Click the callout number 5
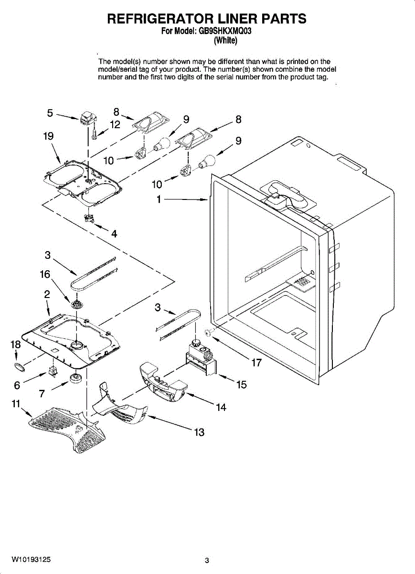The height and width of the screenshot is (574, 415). click(x=50, y=113)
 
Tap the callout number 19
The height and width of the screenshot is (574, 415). click(x=48, y=136)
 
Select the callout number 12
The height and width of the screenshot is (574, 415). click(x=115, y=124)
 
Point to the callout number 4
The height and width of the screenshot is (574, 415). click(x=114, y=234)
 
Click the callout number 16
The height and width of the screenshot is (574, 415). click(x=45, y=275)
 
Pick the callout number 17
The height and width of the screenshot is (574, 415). click(x=256, y=363)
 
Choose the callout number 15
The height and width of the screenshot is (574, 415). click(x=242, y=384)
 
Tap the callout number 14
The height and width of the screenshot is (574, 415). click(x=221, y=407)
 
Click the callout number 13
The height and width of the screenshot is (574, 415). click(x=199, y=432)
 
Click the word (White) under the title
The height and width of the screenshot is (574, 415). click(x=225, y=41)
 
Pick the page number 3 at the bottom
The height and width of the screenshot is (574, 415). click(x=207, y=561)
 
